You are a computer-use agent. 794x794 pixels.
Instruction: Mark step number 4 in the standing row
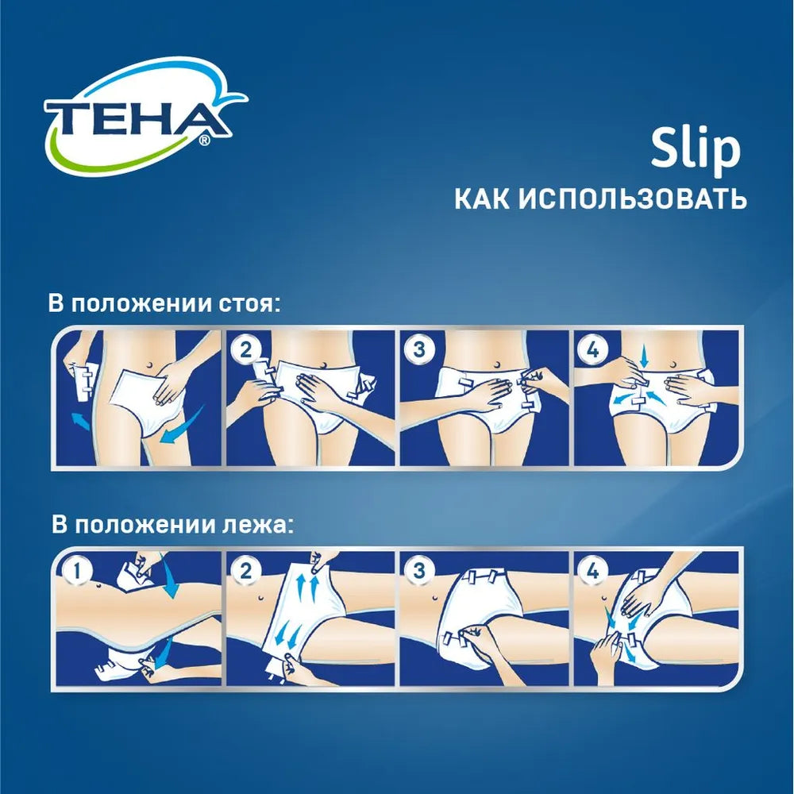coord(592,349)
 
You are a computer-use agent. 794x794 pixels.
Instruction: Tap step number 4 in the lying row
coord(592,570)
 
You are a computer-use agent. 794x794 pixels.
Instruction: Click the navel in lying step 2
coord(262,594)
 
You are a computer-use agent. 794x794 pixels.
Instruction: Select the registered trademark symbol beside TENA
coord(204,141)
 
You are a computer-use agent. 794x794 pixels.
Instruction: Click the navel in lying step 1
coord(98,588)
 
